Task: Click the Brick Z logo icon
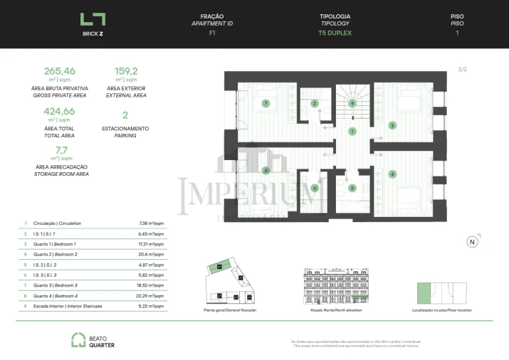pyautogui.click(x=93, y=21)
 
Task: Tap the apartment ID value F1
pyautogui.click(x=212, y=33)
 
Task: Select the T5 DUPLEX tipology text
pyautogui.click(x=335, y=33)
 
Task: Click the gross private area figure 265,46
pyautogui.click(x=59, y=71)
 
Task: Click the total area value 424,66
pyautogui.click(x=59, y=112)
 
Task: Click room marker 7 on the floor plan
pyautogui.click(x=266, y=103)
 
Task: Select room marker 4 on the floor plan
pyautogui.click(x=392, y=174)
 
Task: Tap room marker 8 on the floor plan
pyautogui.click(x=266, y=170)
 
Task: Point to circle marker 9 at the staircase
pyautogui.click(x=352, y=103)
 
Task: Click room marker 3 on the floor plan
pyautogui.click(x=392, y=126)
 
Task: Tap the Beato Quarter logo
pyautogui.click(x=92, y=341)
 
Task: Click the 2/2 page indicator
pyautogui.click(x=462, y=69)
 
